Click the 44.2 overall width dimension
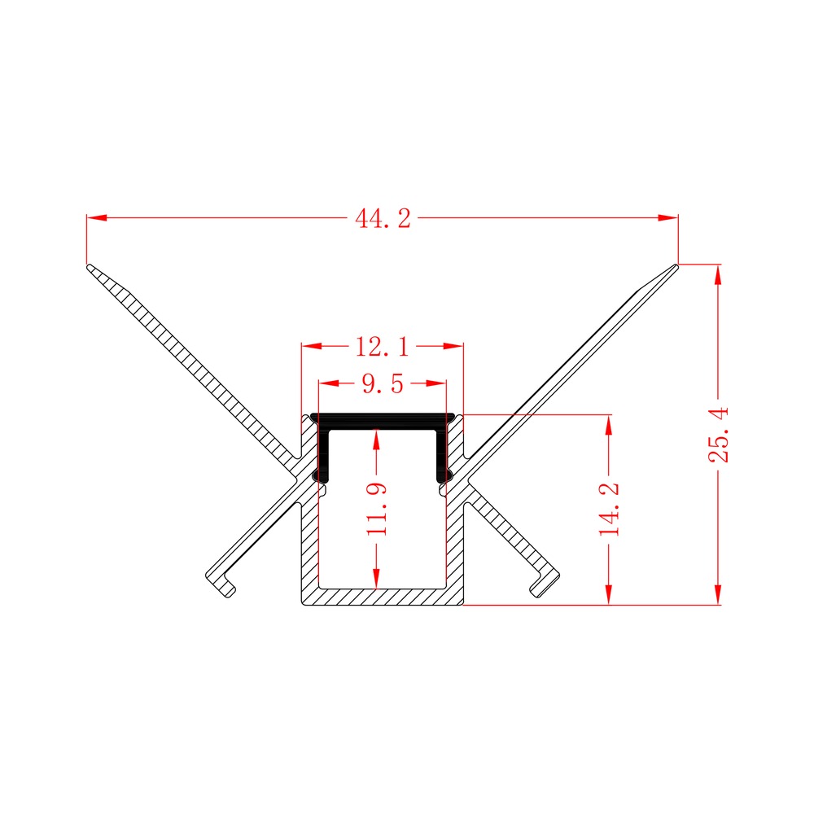tap(383, 218)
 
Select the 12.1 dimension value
tap(382, 347)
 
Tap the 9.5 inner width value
tap(383, 384)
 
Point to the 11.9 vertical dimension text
tap(377, 510)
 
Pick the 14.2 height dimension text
tap(609, 510)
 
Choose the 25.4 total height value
tap(719, 435)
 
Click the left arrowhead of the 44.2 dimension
tap(97, 217)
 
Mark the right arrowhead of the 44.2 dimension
tap(668, 217)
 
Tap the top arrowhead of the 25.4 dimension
tap(718, 274)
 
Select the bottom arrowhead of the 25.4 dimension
tap(718, 594)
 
